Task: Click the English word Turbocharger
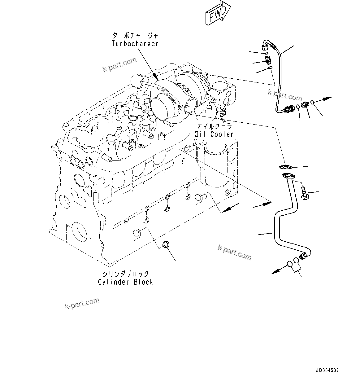pos(135,44)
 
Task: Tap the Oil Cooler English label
pos(214,134)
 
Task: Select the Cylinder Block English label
pos(126,282)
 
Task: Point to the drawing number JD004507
pos(327,370)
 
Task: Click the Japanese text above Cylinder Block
pos(126,274)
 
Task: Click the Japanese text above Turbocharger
pos(135,35)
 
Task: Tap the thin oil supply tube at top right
pos(279,77)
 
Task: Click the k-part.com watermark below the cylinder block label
pos(82,303)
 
